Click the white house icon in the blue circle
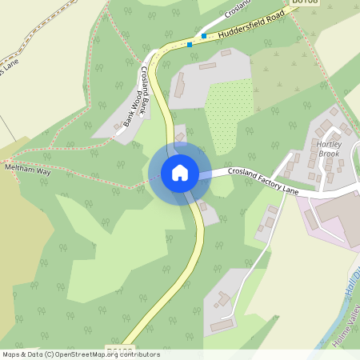(x=179, y=172)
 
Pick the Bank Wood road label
(x=126, y=115)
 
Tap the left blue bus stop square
(x=190, y=45)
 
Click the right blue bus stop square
(x=204, y=36)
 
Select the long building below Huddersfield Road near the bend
(x=178, y=85)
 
